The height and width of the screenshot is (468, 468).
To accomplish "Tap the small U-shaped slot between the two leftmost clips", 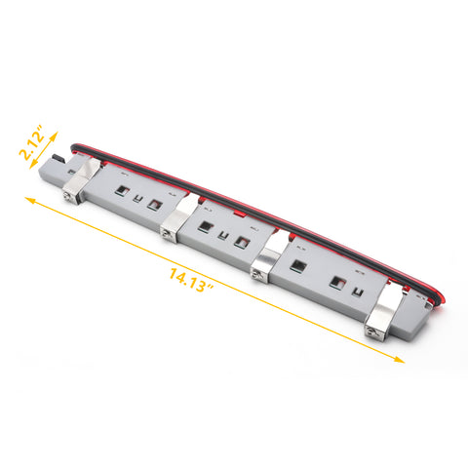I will (x=138, y=201).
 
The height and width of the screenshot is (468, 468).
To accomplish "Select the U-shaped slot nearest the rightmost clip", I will (x=358, y=292).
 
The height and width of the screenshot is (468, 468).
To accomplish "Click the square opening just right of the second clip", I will (x=206, y=227).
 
